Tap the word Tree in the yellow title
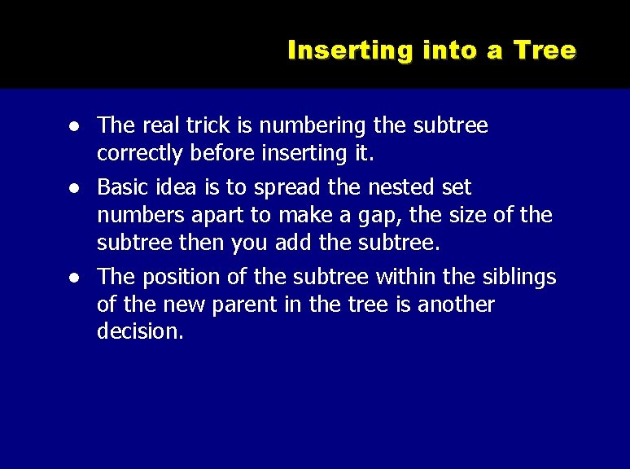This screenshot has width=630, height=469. tap(545, 50)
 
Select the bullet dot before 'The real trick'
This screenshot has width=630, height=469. tap(74, 127)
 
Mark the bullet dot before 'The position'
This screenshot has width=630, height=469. tap(74, 278)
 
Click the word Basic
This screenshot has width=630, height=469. tap(120, 187)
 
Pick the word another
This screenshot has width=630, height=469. tap(457, 305)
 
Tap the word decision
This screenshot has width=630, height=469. tap(139, 331)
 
